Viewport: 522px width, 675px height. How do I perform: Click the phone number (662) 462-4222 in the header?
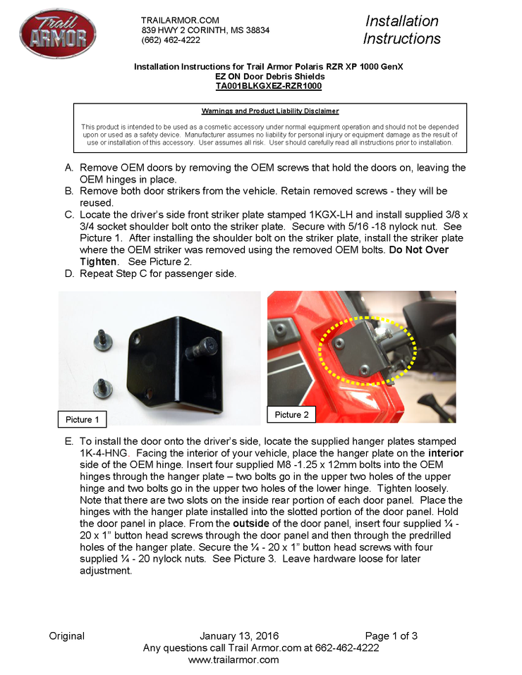coord(171,40)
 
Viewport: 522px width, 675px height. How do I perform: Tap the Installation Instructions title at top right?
coord(402,30)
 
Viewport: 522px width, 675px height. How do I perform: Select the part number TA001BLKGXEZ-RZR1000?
coord(269,86)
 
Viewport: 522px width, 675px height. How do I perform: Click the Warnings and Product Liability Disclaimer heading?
coord(270,111)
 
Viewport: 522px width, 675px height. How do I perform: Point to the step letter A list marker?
coord(69,168)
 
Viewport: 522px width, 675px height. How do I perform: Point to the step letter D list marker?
coord(69,273)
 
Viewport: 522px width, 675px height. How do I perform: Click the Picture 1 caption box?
coord(83,419)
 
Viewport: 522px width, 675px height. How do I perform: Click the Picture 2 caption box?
coord(291,414)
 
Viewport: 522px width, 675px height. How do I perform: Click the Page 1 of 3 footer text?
coord(391,636)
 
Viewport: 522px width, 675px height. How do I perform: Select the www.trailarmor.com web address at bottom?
coord(233,659)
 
